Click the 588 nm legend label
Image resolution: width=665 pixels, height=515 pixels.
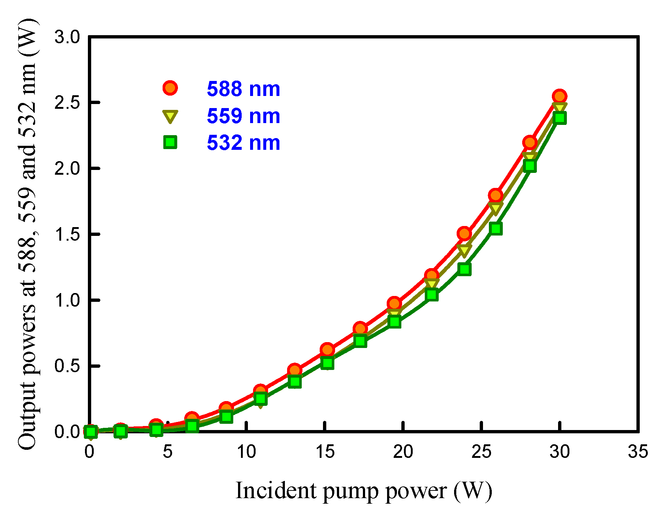(x=243, y=89)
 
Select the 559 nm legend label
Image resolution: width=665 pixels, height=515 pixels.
(x=243, y=116)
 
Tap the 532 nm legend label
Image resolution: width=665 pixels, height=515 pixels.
(x=243, y=142)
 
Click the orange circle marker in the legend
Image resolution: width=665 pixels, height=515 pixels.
(x=170, y=88)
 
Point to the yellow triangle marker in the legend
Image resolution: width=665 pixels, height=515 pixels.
(x=170, y=116)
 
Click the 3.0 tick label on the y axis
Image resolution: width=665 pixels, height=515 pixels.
(x=67, y=37)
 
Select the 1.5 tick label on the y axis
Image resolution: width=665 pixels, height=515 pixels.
(x=67, y=234)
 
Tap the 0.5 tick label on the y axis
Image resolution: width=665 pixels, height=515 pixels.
(x=67, y=366)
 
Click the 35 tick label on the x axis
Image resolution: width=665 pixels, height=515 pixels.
(x=638, y=452)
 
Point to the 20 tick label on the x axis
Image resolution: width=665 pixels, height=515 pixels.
(x=403, y=452)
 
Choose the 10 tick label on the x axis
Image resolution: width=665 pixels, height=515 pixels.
(x=246, y=452)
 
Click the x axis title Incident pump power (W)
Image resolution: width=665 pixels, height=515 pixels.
(x=364, y=491)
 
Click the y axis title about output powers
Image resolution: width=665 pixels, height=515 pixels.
(x=28, y=234)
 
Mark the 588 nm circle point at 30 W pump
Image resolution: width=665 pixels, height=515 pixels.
(x=560, y=96)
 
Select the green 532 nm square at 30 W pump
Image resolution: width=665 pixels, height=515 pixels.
(x=560, y=118)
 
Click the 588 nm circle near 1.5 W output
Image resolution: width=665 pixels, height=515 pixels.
(x=464, y=233)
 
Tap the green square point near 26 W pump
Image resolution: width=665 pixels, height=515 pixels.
(x=495, y=229)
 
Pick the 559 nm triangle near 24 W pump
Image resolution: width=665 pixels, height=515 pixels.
(x=464, y=251)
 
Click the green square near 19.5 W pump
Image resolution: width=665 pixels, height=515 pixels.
(x=394, y=322)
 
